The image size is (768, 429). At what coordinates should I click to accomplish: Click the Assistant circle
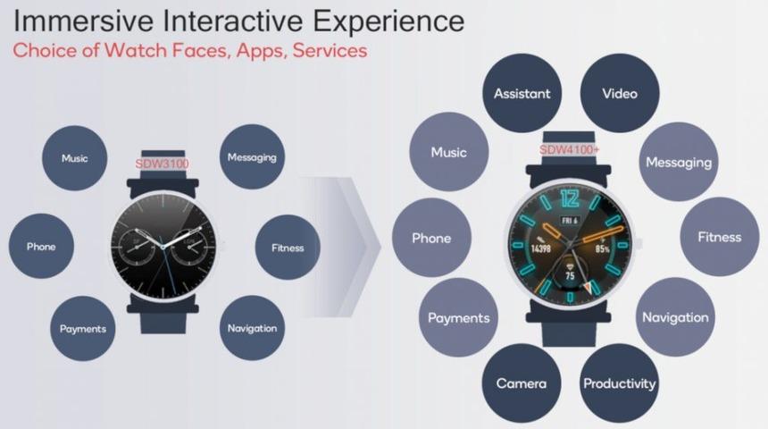(x=522, y=93)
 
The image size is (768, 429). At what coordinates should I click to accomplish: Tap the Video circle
(x=620, y=93)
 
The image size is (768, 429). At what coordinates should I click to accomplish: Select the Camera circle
(x=522, y=383)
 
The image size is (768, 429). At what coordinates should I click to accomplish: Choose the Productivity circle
(x=619, y=383)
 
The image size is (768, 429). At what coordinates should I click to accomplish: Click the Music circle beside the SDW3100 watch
(x=74, y=158)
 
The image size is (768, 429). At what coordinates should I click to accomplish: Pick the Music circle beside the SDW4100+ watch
(x=448, y=152)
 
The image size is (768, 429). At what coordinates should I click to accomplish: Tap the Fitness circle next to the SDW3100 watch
(x=288, y=248)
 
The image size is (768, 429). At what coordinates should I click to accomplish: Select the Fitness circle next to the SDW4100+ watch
(x=720, y=237)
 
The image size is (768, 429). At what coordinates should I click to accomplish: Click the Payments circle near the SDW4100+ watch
(x=458, y=317)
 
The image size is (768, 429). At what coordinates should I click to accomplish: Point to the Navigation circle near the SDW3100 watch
(x=252, y=328)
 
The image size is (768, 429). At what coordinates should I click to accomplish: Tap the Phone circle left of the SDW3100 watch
(x=41, y=246)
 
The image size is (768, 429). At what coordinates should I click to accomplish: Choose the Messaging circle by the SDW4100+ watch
(x=679, y=162)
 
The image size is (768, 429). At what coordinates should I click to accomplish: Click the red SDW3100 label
(x=162, y=164)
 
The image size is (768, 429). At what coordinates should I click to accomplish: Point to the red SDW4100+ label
(x=569, y=149)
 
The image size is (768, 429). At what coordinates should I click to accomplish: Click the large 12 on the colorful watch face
(x=570, y=199)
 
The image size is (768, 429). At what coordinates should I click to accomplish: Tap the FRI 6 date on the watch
(x=570, y=221)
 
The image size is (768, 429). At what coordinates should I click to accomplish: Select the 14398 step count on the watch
(x=541, y=248)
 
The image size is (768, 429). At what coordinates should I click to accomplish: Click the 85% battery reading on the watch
(x=603, y=249)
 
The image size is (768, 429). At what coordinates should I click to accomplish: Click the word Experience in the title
(x=388, y=21)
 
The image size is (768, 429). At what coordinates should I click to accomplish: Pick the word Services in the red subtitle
(x=330, y=50)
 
